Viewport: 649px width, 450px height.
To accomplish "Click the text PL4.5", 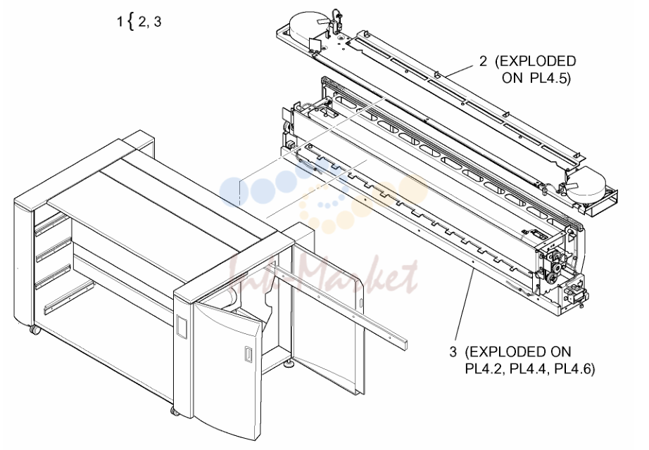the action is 550,78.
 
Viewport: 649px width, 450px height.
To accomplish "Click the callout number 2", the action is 484,61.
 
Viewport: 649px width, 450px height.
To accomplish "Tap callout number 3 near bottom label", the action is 453,352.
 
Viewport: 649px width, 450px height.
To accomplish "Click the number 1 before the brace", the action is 120,22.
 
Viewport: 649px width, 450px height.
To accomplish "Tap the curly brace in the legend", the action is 131,22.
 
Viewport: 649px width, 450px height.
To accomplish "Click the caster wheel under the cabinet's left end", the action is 34,330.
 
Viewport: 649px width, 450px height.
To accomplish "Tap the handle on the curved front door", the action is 248,355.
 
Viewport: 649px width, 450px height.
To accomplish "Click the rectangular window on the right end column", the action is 182,326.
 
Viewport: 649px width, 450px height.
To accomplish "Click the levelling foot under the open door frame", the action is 289,364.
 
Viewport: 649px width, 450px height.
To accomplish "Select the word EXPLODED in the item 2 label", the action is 538,61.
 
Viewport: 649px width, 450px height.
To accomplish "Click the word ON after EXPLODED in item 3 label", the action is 560,352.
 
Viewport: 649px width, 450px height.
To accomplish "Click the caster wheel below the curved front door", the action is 175,411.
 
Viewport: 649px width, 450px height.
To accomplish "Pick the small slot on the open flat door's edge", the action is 360,303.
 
